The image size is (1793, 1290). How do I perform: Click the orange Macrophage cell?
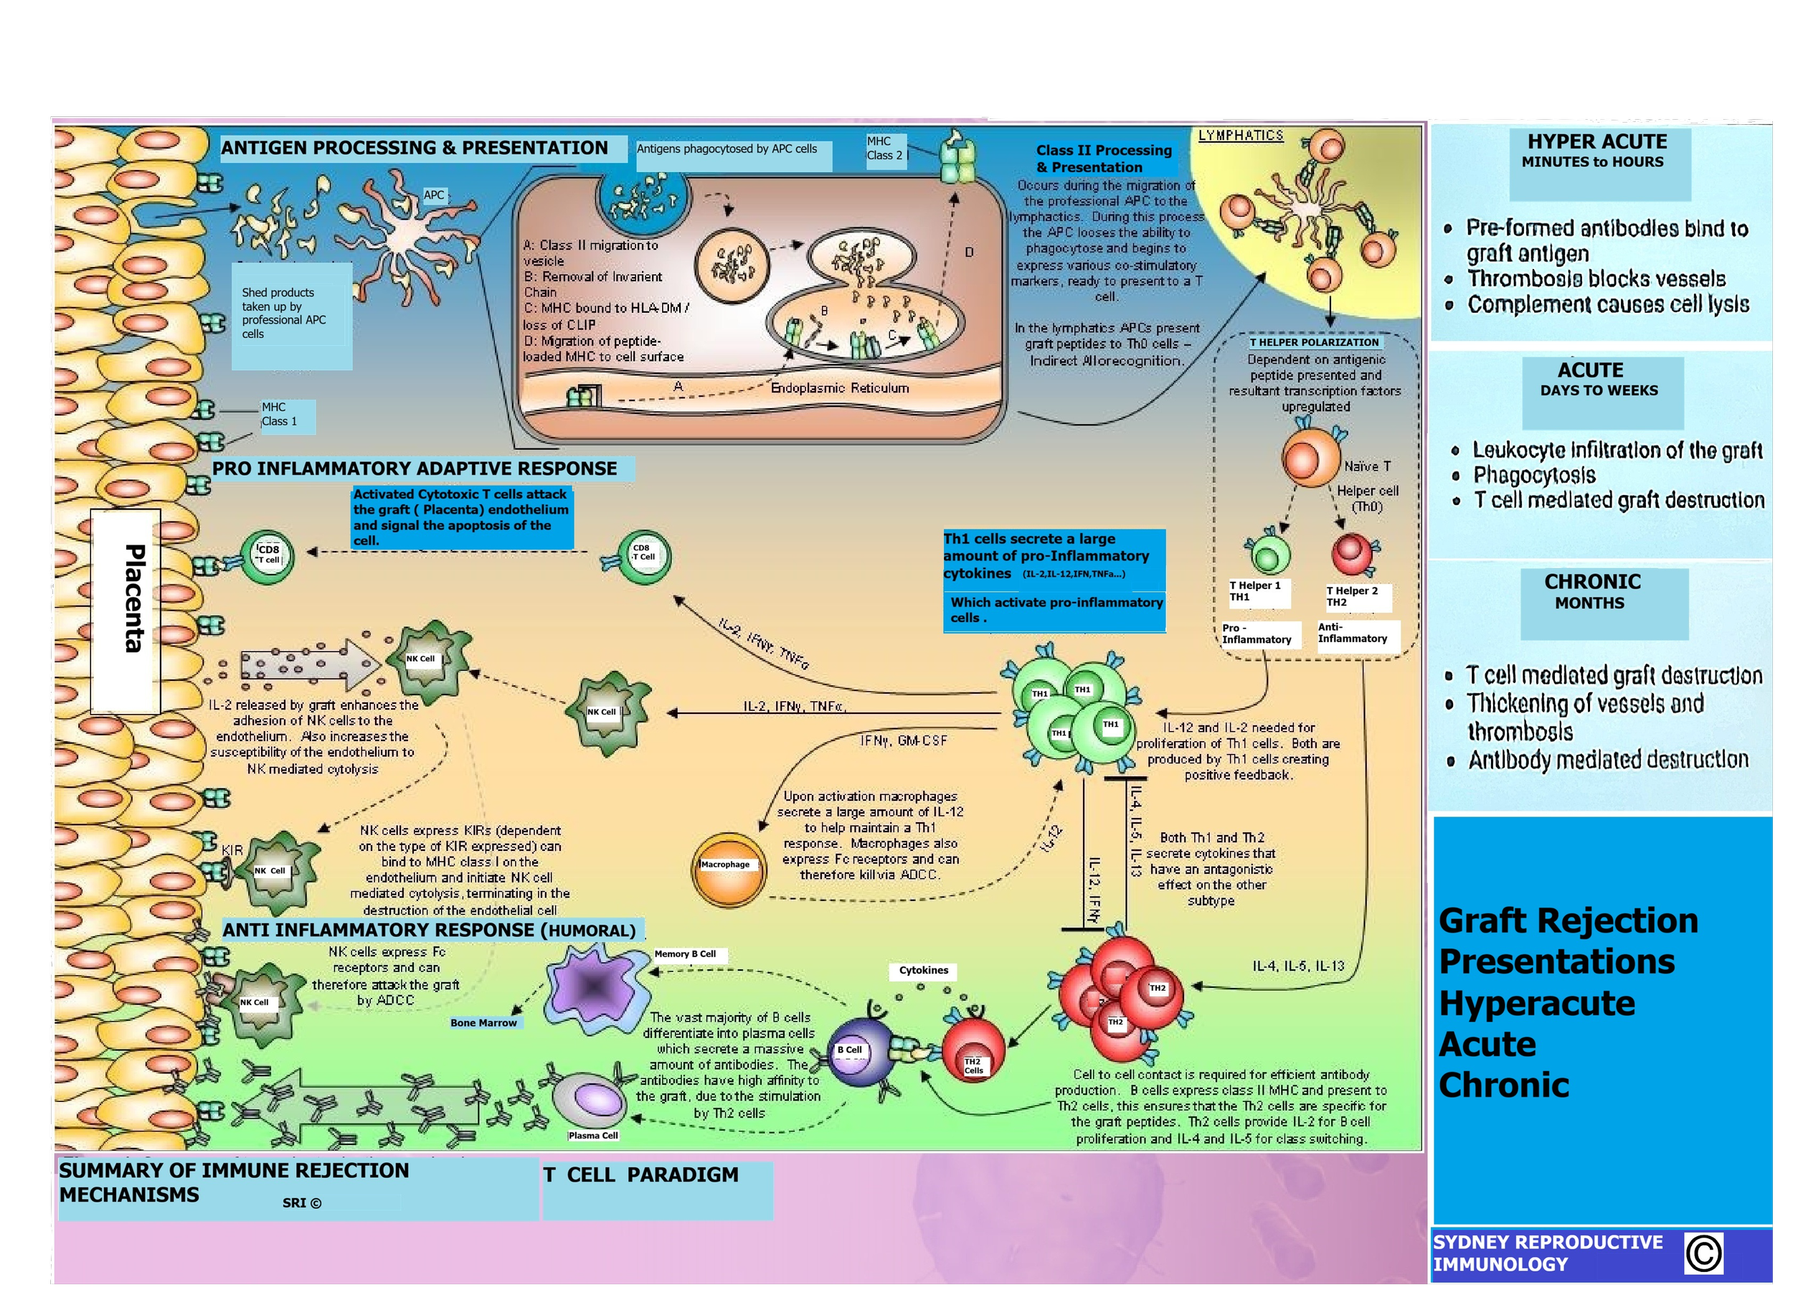728,870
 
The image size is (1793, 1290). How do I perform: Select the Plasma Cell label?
593,1136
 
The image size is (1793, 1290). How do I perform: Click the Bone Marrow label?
483,1022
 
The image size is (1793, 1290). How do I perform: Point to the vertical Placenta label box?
126,611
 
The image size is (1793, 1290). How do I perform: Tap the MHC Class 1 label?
280,415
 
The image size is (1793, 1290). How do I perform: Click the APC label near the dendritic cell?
434,195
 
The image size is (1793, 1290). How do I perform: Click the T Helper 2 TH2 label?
1352,596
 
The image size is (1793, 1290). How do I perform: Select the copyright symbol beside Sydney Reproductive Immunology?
1703,1253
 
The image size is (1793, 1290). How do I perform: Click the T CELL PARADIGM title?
641,1175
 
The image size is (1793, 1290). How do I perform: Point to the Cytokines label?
923,971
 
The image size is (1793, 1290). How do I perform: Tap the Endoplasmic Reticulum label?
839,388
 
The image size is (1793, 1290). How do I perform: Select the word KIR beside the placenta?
232,850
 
